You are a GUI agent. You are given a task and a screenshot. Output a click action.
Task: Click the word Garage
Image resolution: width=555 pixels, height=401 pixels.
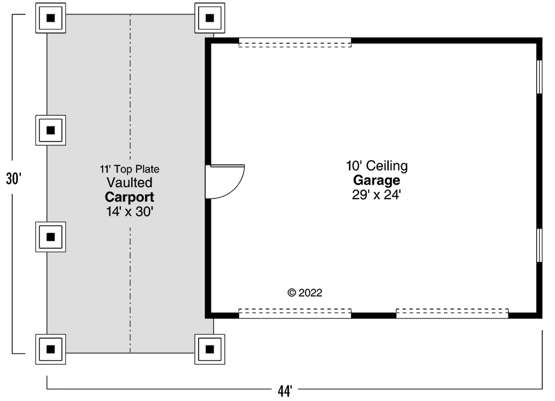[x=377, y=180]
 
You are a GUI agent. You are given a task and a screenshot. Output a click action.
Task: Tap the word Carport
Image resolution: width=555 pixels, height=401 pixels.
[x=130, y=197]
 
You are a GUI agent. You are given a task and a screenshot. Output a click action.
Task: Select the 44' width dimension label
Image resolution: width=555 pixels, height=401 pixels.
[x=285, y=391]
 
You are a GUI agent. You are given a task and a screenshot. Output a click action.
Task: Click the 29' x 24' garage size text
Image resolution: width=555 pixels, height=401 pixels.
[x=377, y=195]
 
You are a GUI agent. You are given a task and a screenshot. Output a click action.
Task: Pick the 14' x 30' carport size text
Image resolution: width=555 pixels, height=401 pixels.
[x=130, y=211]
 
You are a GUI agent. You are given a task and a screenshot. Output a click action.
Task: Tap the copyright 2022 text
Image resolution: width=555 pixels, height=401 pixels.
[x=305, y=293]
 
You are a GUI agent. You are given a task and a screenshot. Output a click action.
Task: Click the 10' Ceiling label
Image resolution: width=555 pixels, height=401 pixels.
[x=377, y=165]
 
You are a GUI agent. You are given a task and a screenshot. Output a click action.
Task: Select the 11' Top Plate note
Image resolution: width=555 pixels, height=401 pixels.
[x=130, y=169]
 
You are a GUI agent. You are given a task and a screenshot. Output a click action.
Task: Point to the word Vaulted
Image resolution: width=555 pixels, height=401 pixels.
[x=130, y=182]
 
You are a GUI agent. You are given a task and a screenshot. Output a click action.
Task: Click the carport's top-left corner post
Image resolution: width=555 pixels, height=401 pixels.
[x=51, y=18]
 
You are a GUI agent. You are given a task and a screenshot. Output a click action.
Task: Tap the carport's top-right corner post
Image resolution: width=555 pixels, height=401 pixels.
[x=210, y=18]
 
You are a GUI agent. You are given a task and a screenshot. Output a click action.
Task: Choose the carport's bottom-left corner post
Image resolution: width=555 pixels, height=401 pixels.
[x=51, y=349]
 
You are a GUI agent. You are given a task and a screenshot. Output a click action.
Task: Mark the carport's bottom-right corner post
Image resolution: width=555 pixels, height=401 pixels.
[x=210, y=349]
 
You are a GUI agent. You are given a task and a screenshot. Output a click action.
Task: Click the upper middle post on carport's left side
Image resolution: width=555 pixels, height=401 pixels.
[x=51, y=130]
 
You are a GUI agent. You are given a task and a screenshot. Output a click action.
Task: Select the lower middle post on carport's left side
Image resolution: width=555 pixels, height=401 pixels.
[x=51, y=237]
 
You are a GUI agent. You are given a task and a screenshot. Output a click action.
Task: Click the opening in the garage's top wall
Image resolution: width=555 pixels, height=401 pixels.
[x=295, y=42]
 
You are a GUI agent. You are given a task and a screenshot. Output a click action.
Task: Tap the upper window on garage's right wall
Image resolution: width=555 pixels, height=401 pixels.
[x=538, y=76]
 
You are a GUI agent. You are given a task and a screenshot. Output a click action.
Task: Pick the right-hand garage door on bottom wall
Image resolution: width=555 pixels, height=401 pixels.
[x=452, y=313]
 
